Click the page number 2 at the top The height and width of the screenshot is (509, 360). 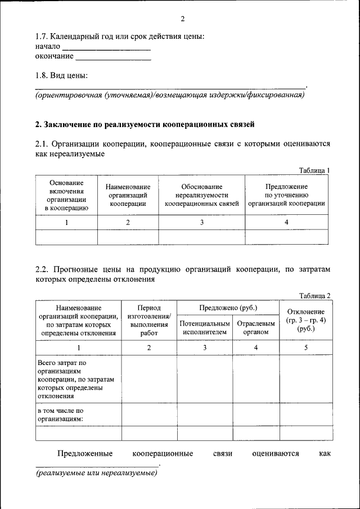point(183,19)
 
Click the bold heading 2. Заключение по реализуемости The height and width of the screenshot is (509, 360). point(145,124)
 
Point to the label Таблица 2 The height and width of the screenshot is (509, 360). point(314,296)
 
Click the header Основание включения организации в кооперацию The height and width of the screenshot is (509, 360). point(66,195)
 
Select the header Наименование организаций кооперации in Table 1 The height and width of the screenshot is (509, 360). point(128,195)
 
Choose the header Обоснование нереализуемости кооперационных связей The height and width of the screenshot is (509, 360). point(202,195)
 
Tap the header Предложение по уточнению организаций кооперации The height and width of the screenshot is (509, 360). point(286,195)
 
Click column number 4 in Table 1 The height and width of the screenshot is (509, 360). point(286,223)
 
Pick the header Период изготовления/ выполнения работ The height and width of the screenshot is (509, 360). point(149,320)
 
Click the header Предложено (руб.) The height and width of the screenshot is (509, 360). point(228,308)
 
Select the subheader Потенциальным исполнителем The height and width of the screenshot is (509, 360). point(205,328)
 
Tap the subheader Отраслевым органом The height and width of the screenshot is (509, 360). point(256,328)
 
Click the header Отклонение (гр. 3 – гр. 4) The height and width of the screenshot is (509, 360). point(305,320)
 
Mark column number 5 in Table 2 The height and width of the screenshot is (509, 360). point(305,348)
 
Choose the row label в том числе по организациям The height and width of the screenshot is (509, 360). point(61,415)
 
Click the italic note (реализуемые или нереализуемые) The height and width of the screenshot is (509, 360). point(96,474)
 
